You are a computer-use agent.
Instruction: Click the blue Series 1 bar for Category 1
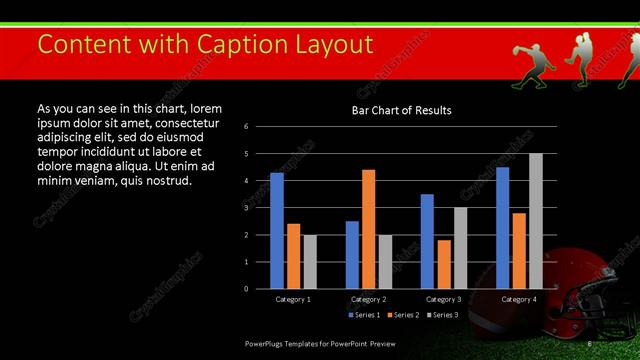tap(277, 230)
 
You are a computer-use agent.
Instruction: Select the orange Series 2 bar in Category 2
tap(369, 229)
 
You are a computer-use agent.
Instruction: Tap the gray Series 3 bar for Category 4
tap(536, 221)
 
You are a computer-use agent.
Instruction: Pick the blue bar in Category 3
tap(427, 241)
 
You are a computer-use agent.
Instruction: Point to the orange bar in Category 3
tap(444, 264)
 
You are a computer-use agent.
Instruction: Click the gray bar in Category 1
tap(310, 261)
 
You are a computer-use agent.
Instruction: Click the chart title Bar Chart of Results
tap(401, 110)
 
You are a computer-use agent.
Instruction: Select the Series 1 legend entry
tap(364, 315)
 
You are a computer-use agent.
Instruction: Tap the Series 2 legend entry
tap(402, 315)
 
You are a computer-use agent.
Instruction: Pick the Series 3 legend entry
tap(441, 315)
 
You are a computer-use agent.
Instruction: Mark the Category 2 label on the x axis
tap(368, 299)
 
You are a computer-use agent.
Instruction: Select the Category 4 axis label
tap(518, 299)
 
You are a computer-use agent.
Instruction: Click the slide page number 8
tap(590, 343)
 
